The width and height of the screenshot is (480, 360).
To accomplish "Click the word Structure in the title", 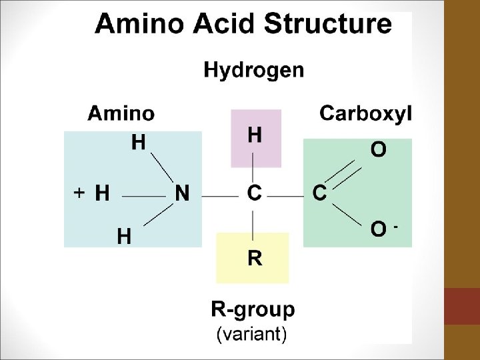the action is click(x=329, y=25).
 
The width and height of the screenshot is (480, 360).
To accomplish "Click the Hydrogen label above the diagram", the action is click(x=253, y=70).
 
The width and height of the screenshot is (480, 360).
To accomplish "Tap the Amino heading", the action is click(x=121, y=114).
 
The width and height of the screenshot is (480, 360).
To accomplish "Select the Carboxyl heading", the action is click(x=366, y=113).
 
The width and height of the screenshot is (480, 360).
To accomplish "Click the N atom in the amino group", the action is click(x=181, y=194).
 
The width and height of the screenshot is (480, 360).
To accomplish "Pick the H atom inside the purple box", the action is click(x=255, y=135).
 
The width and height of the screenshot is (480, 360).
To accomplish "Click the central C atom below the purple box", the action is click(x=254, y=194).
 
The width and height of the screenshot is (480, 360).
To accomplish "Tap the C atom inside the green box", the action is click(x=319, y=194).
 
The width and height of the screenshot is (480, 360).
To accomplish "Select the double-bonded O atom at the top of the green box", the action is click(x=378, y=150).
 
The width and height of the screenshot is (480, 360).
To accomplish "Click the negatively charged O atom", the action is click(x=378, y=230).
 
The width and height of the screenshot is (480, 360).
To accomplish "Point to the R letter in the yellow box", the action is click(x=254, y=257).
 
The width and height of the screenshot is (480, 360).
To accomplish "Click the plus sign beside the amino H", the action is click(x=78, y=193).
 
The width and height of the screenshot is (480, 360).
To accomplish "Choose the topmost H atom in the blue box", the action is click(x=139, y=142).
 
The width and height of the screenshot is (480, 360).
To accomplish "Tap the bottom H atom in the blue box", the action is click(x=124, y=235).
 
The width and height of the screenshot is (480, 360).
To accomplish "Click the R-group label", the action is click(x=253, y=310).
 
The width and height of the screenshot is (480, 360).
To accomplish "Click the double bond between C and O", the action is click(x=349, y=173).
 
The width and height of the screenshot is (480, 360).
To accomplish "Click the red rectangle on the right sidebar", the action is click(x=461, y=306).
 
